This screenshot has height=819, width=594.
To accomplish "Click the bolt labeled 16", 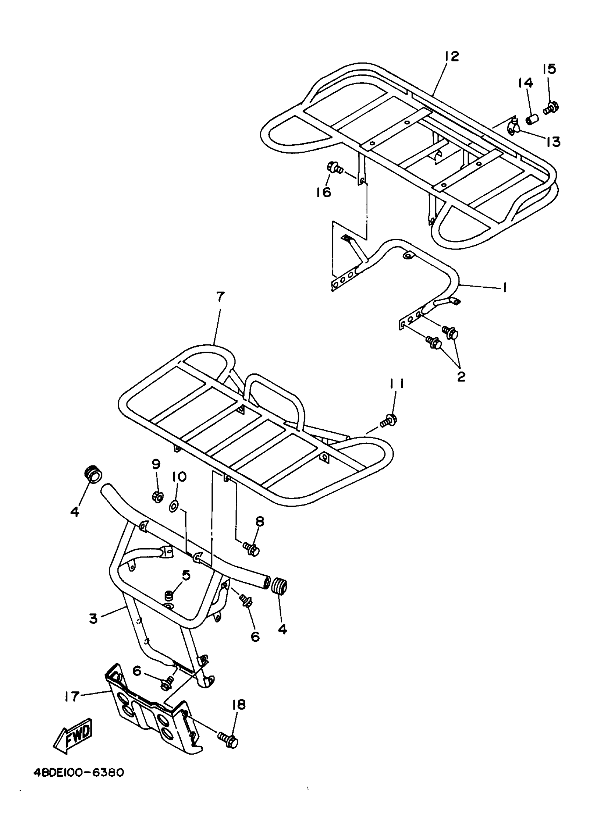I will point(334,167).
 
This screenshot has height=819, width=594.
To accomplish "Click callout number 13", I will point(553,142).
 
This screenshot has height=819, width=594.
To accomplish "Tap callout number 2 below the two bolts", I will point(461,376).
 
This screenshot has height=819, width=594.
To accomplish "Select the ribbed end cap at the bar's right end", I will point(280,586).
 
